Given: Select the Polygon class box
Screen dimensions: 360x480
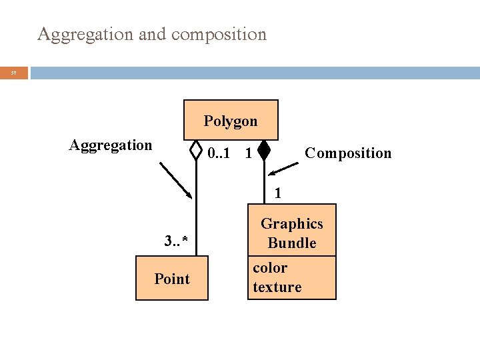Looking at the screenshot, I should tap(231, 121).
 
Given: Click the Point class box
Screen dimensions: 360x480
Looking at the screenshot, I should tap(172, 279).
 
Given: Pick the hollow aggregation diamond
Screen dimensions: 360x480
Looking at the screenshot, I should tap(196, 151).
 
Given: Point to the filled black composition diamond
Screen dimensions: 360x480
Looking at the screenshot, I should tap(264, 151).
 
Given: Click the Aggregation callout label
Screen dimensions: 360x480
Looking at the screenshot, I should tap(111, 145).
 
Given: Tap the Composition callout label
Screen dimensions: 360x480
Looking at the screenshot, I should tap(348, 153).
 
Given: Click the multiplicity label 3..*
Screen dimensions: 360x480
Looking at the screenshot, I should tap(176, 241).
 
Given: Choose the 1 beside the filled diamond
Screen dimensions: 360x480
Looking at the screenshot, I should tap(248, 154).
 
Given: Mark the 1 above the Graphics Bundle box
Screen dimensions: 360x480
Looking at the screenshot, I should tap(278, 194).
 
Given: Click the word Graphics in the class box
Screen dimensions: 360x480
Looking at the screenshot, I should tap(292, 224).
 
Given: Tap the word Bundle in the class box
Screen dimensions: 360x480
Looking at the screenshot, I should tap(292, 243).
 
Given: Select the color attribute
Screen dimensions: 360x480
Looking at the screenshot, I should tap(270, 268).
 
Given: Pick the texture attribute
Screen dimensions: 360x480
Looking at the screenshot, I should tap(277, 287).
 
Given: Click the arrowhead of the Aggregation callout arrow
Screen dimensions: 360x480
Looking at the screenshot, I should tap(189, 195).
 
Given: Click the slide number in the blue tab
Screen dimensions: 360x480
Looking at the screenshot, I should tap(14, 73).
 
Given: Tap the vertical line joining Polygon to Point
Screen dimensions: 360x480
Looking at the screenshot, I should tap(197, 213).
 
